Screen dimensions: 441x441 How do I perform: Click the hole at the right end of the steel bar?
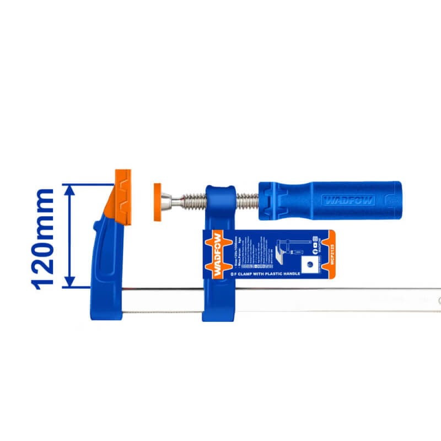(x=439, y=300)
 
